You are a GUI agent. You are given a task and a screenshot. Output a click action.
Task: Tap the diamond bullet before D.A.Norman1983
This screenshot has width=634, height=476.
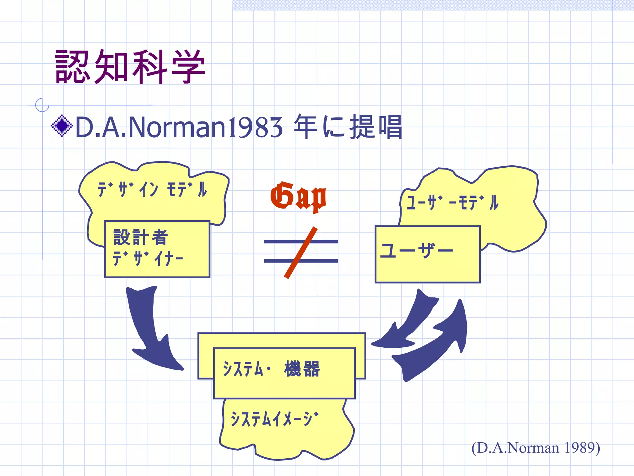pos(62,126)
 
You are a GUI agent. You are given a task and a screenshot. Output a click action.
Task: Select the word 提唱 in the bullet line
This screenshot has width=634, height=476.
pos(376,127)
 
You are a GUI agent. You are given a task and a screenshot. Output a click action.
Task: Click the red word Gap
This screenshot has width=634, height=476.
pos(298,196)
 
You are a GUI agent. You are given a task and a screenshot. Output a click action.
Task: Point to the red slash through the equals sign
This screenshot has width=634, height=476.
pos(300,253)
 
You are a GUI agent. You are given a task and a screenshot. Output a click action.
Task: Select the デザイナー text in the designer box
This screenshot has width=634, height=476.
pos(148,258)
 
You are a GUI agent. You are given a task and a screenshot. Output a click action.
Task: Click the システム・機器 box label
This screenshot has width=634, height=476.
pos(271,369)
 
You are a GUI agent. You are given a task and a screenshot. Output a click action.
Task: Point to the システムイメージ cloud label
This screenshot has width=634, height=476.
pos(274,419)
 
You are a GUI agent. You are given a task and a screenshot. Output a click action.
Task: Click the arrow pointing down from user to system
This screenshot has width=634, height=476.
pos(409,322)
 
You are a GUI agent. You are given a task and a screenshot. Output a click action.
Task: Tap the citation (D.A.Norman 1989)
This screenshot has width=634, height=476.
pos(536,448)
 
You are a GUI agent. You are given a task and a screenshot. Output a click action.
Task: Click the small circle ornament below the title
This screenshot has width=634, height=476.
pos(42,105)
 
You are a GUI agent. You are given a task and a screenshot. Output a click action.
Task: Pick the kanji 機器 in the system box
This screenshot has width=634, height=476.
pos(302,369)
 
